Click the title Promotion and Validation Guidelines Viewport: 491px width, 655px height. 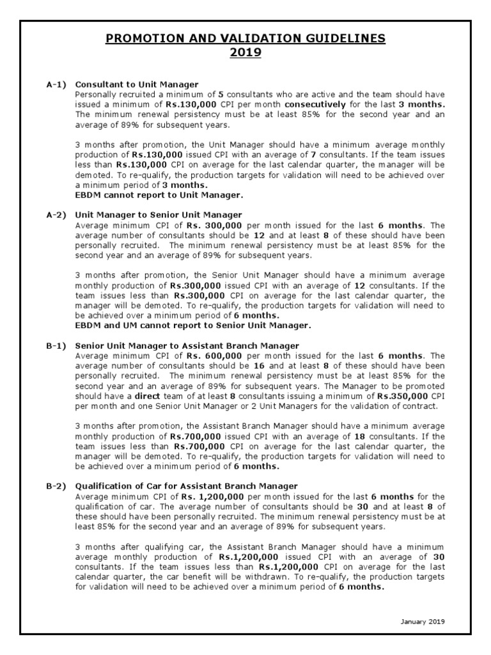[x=245, y=38]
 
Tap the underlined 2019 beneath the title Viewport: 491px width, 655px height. [x=245, y=52]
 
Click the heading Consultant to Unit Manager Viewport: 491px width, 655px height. [x=137, y=84]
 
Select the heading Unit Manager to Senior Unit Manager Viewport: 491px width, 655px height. [x=159, y=215]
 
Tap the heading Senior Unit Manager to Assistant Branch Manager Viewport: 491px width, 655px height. [x=187, y=346]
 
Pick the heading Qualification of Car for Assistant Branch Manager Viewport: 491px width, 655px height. [x=186, y=487]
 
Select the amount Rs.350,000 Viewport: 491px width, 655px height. [x=401, y=397]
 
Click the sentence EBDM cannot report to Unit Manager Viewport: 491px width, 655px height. [x=159, y=194]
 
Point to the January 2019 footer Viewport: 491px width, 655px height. [x=423, y=621]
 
